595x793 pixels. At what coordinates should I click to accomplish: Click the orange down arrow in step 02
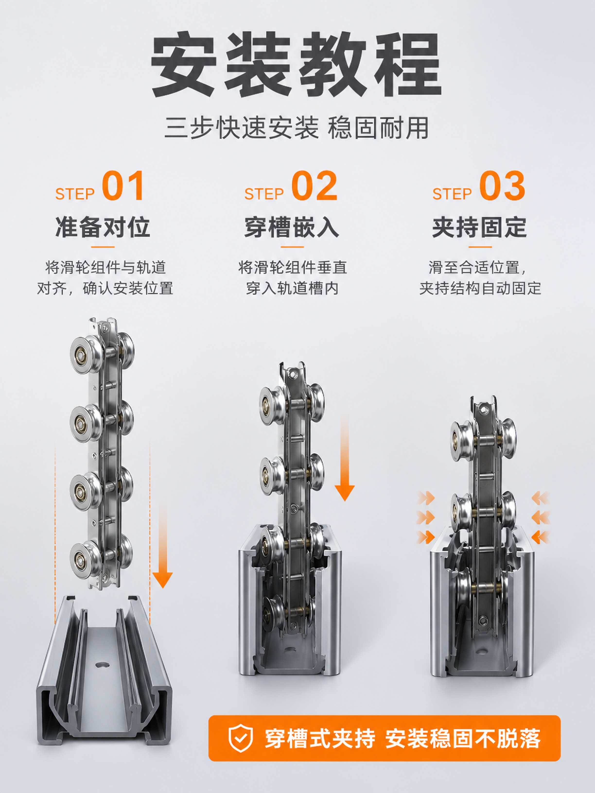coord(345,463)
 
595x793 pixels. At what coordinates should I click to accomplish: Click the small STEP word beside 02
coord(264,194)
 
